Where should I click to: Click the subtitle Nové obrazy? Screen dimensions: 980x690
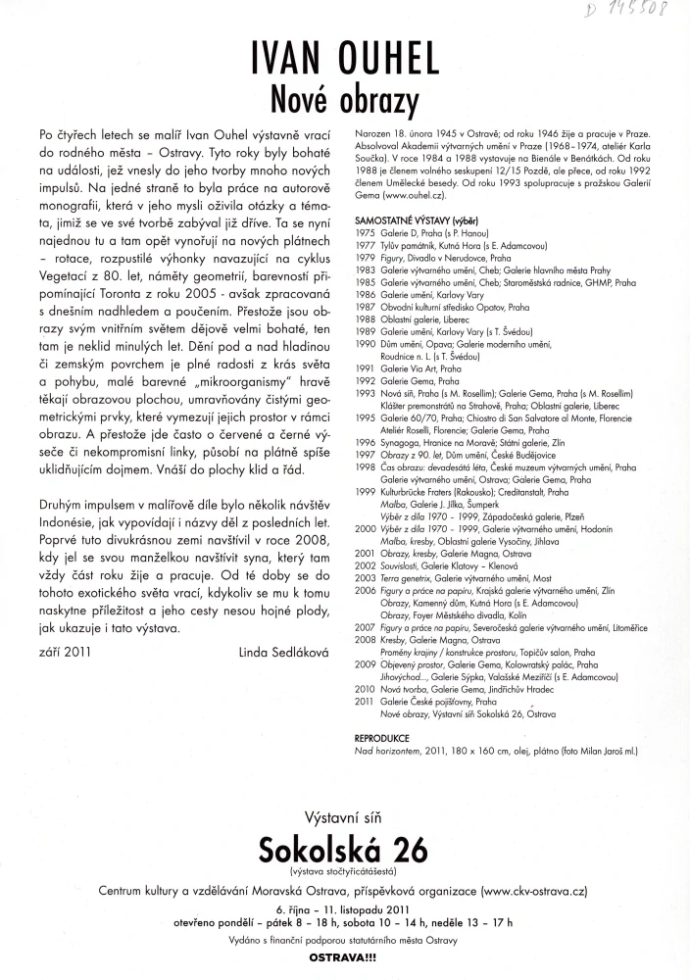pos(345,99)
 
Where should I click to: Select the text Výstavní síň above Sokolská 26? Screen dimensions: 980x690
pos(345,816)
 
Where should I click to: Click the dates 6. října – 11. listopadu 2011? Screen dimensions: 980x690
pos(345,910)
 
